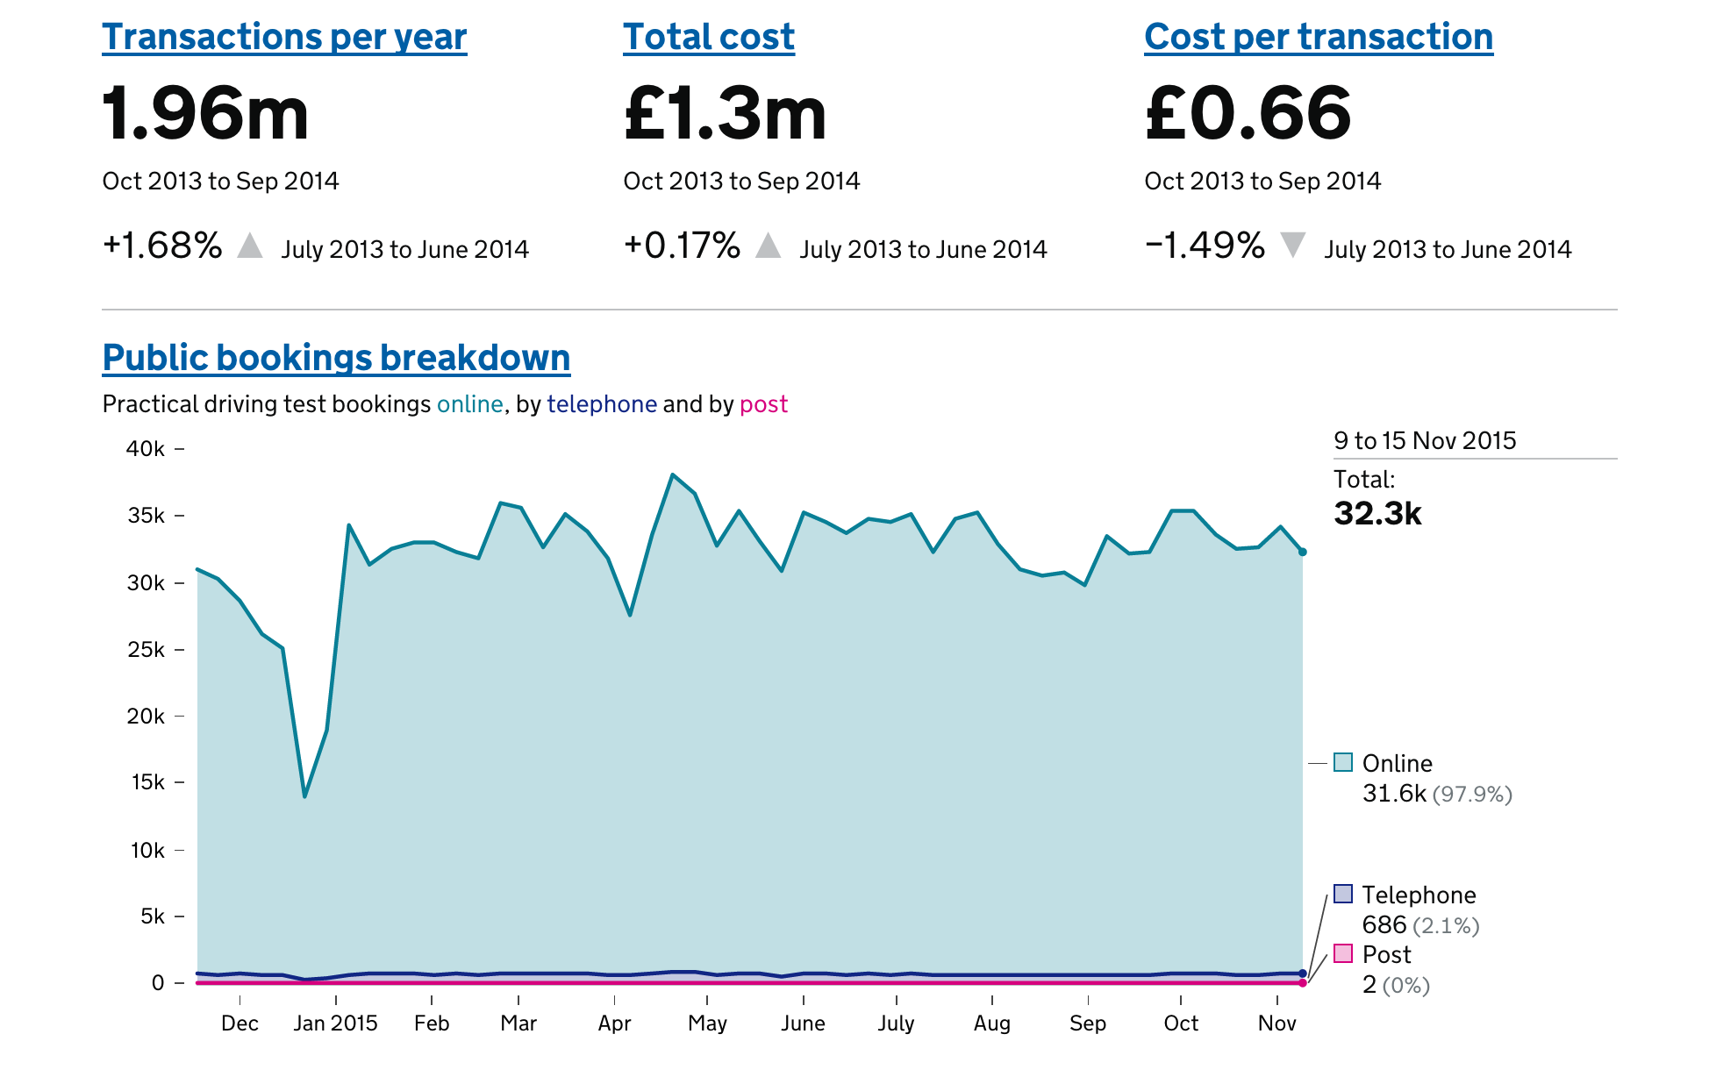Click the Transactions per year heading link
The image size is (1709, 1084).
284,38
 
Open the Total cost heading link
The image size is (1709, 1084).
708,38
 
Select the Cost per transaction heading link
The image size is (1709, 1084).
1318,38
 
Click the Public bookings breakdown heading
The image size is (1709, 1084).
336,358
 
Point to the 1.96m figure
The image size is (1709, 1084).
205,114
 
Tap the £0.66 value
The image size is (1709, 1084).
1248,114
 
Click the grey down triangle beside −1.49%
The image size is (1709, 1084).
1292,245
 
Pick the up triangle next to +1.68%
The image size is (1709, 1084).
250,246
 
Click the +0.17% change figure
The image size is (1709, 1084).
682,246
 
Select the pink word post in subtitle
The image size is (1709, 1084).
763,404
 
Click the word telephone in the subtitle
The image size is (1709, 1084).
602,404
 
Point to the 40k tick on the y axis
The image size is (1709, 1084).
146,449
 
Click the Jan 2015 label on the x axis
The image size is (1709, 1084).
335,1023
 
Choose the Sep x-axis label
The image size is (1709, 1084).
1088,1023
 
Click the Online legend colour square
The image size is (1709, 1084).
1343,761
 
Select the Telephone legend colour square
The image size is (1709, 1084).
1343,894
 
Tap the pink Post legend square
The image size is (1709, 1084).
1343,953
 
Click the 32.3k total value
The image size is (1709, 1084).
1377,514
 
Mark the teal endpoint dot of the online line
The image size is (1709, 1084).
1303,552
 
